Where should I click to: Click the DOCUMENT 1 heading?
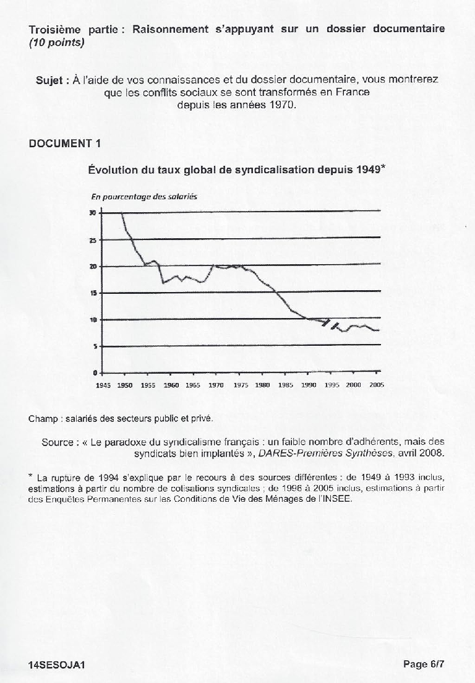coord(64,144)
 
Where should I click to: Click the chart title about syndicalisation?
coord(237,169)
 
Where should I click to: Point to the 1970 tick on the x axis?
coord(216,384)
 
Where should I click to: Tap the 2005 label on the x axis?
coord(377,384)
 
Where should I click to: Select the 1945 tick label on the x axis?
coord(102,384)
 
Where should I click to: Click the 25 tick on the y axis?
coord(93,239)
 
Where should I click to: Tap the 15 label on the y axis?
coord(93,293)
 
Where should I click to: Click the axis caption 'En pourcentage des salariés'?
coord(143,196)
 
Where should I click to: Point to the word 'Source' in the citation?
coord(58,442)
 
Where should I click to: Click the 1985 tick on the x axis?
coord(285,384)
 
